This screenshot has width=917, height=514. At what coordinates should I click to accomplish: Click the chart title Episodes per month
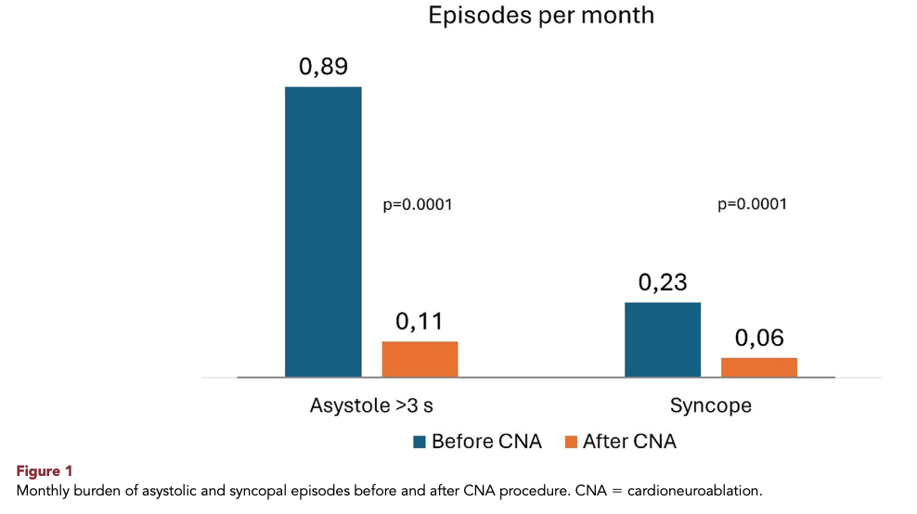[x=541, y=16]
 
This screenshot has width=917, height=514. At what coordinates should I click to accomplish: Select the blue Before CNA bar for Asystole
[x=323, y=232]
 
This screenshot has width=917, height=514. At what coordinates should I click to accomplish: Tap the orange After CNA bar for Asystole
[x=420, y=359]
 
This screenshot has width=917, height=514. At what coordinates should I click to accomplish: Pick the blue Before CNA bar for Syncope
[x=663, y=340]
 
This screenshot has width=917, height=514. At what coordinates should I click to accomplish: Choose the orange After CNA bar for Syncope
[x=759, y=367]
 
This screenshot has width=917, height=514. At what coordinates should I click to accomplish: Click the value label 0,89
[x=323, y=67]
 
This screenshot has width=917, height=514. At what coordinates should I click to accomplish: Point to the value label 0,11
[x=420, y=322]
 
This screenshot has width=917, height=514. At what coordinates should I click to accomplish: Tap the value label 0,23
[x=663, y=282]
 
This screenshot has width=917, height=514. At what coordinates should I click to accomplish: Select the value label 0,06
[x=759, y=338]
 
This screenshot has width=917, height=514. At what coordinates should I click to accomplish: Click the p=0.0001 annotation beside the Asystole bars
[x=418, y=205]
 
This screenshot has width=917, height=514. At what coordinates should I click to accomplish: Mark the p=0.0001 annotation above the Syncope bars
[x=752, y=204]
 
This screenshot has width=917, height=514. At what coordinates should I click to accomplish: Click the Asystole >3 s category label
[x=371, y=405]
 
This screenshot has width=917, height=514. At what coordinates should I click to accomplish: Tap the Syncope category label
[x=711, y=405]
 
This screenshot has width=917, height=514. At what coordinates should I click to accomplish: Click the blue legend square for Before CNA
[x=420, y=442]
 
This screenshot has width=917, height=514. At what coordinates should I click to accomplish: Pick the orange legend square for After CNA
[x=571, y=442]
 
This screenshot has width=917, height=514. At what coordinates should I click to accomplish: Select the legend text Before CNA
[x=486, y=442]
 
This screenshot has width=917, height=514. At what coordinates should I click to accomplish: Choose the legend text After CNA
[x=629, y=442]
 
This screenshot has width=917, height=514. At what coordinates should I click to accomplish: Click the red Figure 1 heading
[x=45, y=471]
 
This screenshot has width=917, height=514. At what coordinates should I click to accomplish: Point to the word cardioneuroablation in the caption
[x=695, y=491]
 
